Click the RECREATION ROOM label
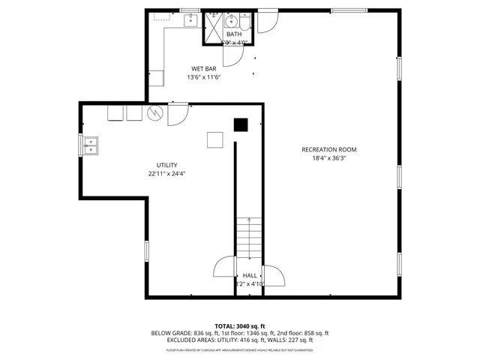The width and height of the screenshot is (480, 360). pos(328,149)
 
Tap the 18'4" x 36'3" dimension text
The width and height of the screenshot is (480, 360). pos(328,158)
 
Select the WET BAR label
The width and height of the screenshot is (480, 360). pos(202,68)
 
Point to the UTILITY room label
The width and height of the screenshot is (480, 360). pos(166,165)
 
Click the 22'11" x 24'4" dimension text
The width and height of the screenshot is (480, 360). pos(166,174)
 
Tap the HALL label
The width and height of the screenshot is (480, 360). pos(249,275)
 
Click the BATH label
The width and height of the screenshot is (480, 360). pos(234,34)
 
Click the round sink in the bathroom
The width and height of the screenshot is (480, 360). pos(232,20)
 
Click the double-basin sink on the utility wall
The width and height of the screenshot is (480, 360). pos(88,145)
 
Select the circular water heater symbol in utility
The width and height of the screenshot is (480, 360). pos(154,113)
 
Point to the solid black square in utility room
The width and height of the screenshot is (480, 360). pos(240,124)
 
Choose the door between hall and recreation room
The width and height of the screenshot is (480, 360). pos(274,275)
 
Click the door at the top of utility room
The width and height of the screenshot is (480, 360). pos(178,114)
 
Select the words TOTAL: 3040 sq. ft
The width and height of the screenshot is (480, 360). pos(240,325)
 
